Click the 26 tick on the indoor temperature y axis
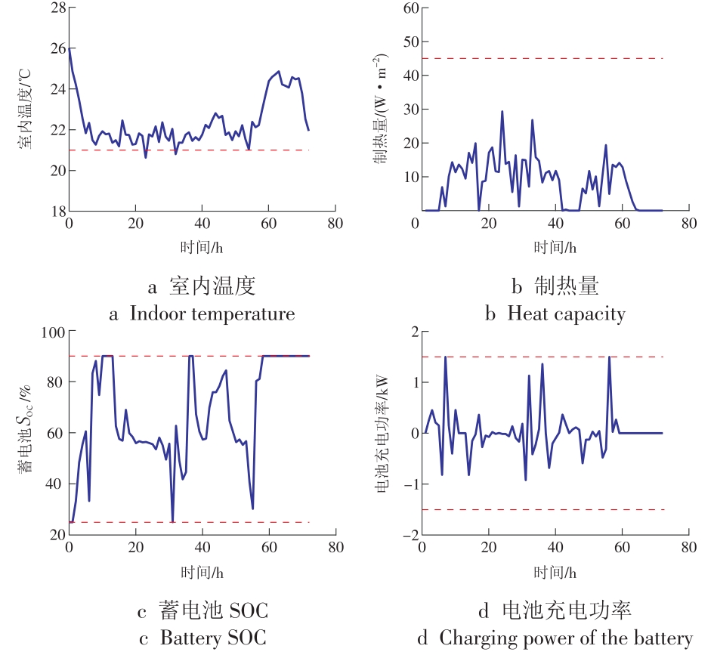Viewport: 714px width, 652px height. point(57,48)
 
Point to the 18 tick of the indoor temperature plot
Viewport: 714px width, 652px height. point(57,212)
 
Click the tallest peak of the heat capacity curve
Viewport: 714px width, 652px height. point(502,112)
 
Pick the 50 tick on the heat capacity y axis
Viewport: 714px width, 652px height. point(410,42)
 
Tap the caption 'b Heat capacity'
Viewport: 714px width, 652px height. point(555,314)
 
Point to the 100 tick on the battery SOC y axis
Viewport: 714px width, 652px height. point(53,331)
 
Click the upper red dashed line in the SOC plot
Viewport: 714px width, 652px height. point(189,356)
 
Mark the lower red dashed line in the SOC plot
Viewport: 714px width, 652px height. point(189,522)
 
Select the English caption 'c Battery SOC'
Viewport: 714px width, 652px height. point(202,637)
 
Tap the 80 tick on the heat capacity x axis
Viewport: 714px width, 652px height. point(688,224)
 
